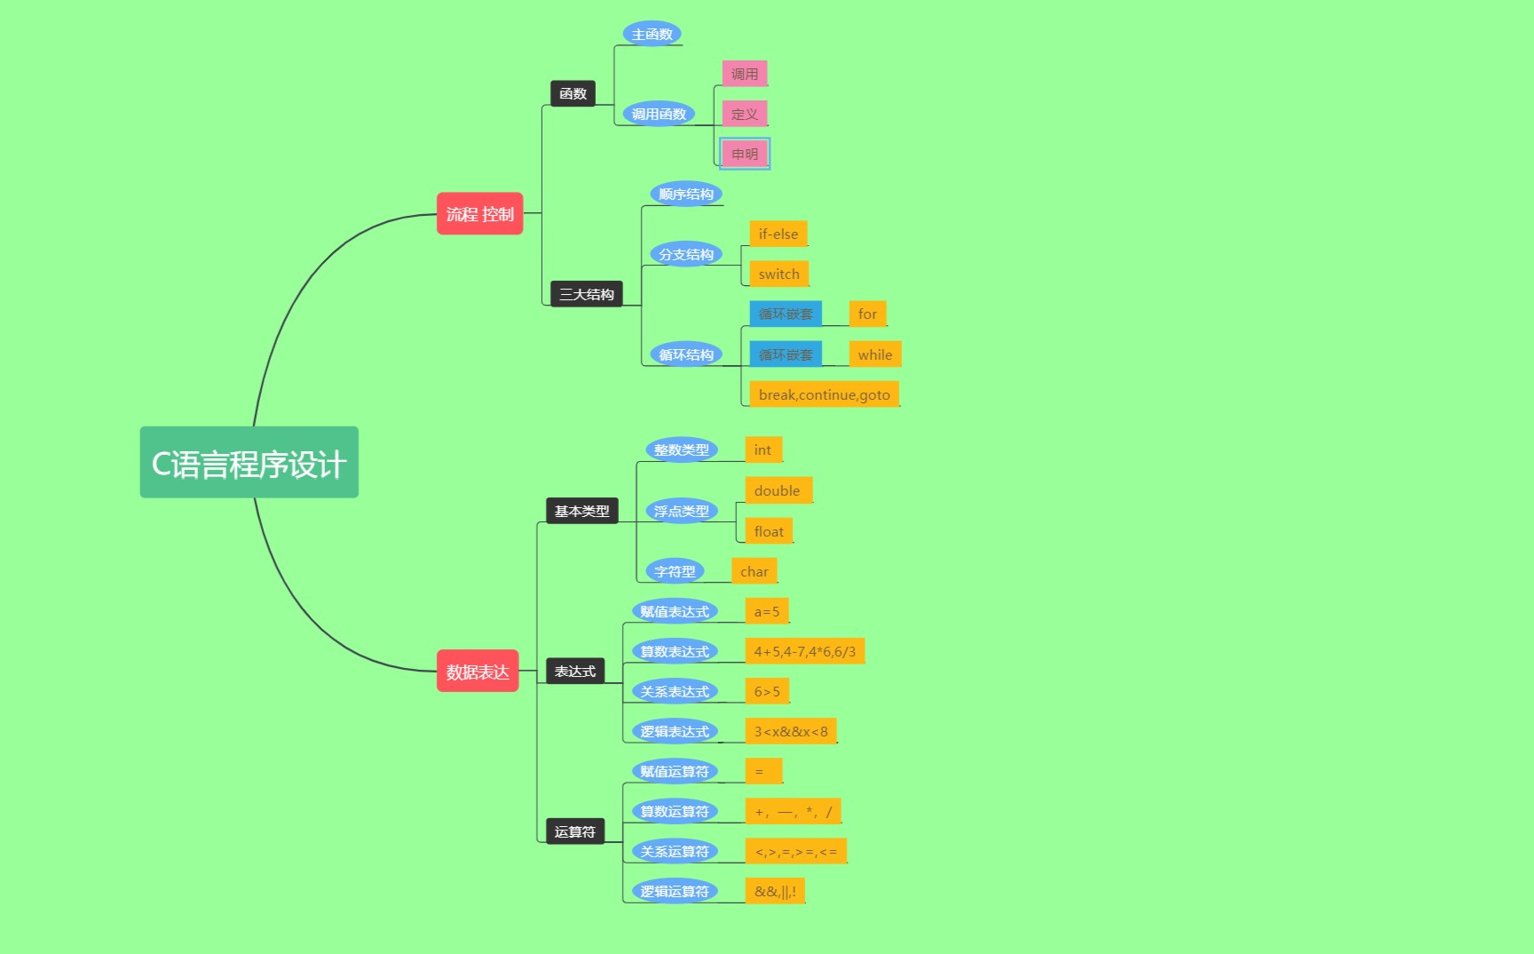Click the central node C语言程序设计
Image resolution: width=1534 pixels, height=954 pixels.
(249, 463)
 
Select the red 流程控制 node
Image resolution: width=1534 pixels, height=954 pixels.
(479, 214)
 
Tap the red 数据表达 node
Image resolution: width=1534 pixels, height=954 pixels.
(478, 672)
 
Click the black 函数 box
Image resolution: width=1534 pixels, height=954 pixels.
(573, 93)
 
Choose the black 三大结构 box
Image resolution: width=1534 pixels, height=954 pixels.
(586, 294)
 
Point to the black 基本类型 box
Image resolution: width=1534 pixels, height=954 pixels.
(581, 511)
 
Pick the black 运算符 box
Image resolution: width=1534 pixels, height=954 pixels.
(574, 831)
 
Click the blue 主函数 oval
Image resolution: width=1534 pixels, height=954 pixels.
(652, 34)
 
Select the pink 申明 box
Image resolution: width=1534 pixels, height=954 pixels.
(745, 154)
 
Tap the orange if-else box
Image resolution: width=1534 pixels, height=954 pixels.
(778, 234)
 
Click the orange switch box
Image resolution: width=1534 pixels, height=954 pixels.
(779, 274)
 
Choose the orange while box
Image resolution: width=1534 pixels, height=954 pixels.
(874, 354)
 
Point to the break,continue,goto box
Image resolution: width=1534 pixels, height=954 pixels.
(824, 394)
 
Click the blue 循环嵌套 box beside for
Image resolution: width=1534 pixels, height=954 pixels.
(786, 314)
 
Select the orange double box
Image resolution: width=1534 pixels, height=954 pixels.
(777, 490)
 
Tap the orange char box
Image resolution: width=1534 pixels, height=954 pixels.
(754, 571)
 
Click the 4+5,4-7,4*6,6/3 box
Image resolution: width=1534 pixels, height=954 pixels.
(804, 651)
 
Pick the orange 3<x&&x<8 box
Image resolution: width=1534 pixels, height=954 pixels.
(790, 731)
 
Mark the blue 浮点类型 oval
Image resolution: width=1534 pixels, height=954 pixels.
(681, 511)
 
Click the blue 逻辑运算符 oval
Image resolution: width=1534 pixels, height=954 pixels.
(675, 891)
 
